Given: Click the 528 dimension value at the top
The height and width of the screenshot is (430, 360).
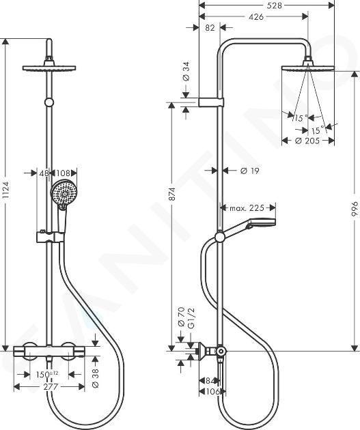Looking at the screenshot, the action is (274, 5).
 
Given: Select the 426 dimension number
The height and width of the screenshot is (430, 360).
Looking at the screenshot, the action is (256, 17).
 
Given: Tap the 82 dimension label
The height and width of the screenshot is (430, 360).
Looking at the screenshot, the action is (210, 28).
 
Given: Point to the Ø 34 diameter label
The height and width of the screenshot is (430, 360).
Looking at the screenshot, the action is (186, 71).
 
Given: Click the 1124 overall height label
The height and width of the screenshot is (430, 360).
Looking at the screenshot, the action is (5, 190).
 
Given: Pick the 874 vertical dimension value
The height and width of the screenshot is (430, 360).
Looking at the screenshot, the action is (172, 194).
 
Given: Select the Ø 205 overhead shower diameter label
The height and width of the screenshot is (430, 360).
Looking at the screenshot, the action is (307, 141).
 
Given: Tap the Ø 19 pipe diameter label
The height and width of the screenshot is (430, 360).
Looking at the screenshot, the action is (250, 171).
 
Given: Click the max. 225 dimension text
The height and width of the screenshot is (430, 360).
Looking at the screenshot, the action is (247, 208).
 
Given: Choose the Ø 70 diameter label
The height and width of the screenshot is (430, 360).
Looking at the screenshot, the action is (182, 317).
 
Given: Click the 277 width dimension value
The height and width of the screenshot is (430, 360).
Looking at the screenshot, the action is (51, 387).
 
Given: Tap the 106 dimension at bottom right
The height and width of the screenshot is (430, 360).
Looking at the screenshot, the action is (212, 391).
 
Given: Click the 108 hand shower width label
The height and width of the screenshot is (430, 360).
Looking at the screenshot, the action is (63, 173).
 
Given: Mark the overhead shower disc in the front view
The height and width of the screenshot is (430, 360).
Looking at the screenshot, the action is (49, 68).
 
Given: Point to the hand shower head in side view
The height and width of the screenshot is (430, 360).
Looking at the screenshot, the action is (261, 223).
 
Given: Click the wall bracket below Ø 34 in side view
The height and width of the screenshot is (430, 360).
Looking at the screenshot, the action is (211, 102).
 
